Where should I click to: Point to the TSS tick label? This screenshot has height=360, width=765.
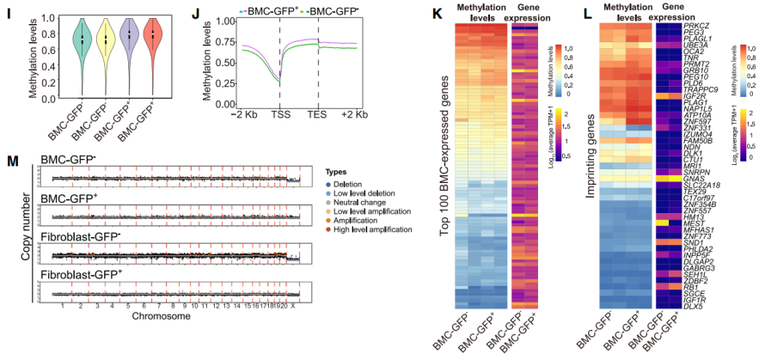tap(280, 113)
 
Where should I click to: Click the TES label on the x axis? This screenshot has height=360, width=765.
tap(319, 113)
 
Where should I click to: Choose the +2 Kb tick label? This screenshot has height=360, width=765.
tap(356, 113)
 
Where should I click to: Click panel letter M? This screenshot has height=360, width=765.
tap(13, 161)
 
